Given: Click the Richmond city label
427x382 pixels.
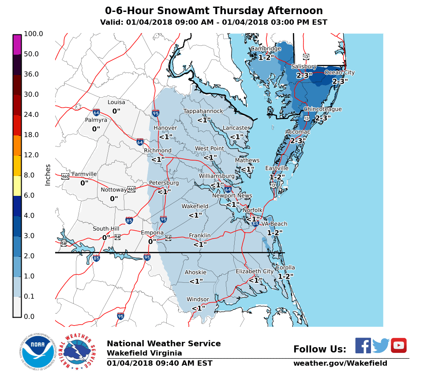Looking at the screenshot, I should click(x=157, y=151).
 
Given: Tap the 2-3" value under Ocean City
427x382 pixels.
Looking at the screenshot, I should click(x=340, y=82).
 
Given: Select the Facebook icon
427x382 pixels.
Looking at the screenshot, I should click(x=363, y=345).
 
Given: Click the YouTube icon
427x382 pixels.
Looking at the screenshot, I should click(x=398, y=345).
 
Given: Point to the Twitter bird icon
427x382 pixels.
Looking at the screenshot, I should click(x=381, y=345).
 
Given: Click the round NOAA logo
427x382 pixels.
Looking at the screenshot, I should click(x=37, y=352).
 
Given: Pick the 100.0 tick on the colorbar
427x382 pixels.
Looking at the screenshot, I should click(x=34, y=34).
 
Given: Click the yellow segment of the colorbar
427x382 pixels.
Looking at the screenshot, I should click(x=17, y=186).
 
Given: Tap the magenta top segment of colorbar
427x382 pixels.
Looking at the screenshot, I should click(x=17, y=45).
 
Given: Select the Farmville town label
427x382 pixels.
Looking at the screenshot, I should click(x=84, y=174).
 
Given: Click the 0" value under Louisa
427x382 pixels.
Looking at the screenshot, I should click(x=116, y=111).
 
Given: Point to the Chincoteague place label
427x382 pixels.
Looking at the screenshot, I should click(x=322, y=109).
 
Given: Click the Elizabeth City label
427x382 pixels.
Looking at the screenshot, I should click(x=255, y=272).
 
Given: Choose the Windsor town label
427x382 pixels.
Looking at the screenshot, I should click(x=198, y=300).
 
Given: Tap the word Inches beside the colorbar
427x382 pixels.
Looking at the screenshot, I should click(x=48, y=175).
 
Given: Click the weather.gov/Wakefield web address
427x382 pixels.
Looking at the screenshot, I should click(x=340, y=363).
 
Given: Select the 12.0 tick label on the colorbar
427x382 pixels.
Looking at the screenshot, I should click(x=32, y=155).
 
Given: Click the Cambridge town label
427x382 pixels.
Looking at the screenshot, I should click(x=266, y=49).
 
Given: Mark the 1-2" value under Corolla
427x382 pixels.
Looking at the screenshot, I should click(x=285, y=276).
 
